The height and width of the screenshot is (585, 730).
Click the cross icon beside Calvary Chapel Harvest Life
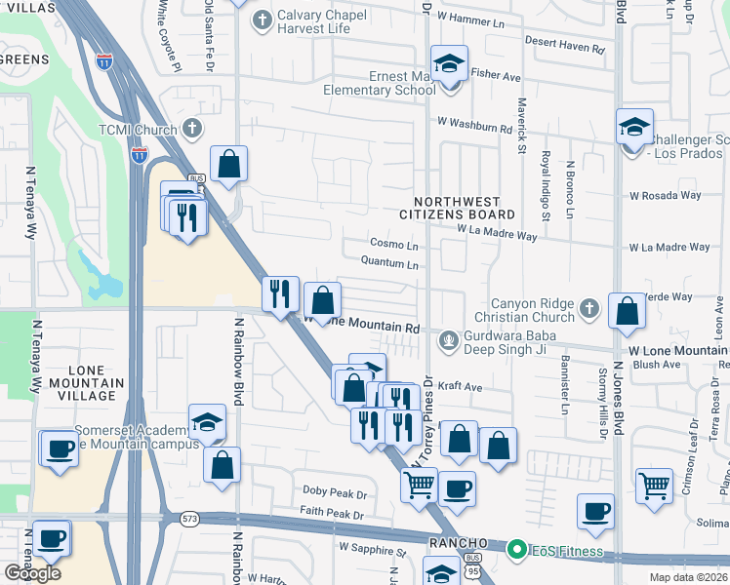tap(262, 19)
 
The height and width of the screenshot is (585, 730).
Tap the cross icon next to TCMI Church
tap(192, 129)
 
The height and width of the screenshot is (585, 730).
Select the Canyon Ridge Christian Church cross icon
tap(588, 309)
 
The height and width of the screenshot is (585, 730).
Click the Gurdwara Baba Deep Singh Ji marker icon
tap(449, 340)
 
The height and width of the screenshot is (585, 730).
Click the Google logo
tap(32, 573)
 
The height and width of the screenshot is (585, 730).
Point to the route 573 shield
tap(188, 519)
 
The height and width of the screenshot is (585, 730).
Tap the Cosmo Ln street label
tap(394, 244)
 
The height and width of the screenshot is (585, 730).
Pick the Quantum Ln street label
tap(389, 263)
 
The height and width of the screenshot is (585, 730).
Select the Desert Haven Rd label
tap(564, 42)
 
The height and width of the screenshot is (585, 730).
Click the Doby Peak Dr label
tap(334, 493)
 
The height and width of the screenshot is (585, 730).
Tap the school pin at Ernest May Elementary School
tap(449, 64)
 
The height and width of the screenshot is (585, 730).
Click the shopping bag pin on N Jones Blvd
tap(629, 312)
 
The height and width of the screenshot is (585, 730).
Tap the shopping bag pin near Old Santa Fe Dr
tap(228, 165)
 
